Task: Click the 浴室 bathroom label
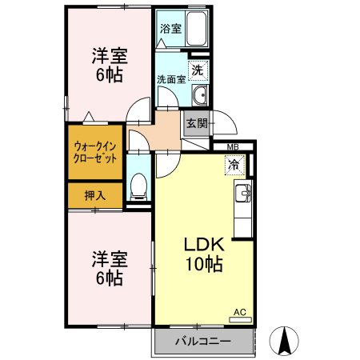[170, 29]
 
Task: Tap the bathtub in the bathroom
[196, 31]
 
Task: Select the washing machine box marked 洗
[198, 70]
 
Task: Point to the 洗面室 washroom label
[170, 80]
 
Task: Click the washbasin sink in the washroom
[199, 97]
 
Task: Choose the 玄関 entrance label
[197, 123]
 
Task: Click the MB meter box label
[233, 147]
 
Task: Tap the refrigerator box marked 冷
[234, 166]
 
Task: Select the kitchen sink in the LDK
[242, 193]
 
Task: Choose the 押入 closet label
[94, 194]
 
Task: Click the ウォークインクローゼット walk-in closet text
[95, 152]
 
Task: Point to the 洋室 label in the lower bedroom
[109, 258]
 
